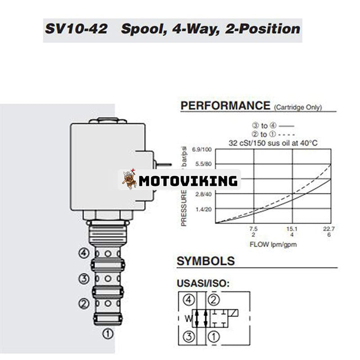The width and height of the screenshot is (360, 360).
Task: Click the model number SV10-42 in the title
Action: (76, 29)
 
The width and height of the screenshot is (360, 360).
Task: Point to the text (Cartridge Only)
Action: (297, 108)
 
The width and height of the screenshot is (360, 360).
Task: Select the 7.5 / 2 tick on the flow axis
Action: (254, 231)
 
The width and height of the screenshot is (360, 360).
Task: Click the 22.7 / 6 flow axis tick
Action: (329, 231)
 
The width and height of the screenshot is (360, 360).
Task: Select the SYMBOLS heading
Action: (206, 261)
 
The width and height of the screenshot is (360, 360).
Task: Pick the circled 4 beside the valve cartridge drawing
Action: (84, 253)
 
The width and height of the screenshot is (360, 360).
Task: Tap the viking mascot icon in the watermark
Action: (129, 179)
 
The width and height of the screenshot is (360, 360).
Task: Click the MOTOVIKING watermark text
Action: (188, 181)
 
